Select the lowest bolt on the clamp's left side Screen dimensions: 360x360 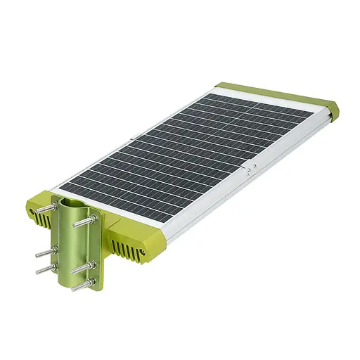click(x=44, y=267)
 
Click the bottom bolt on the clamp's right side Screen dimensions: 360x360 click(x=84, y=285)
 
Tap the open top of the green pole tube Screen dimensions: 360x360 click(x=70, y=203)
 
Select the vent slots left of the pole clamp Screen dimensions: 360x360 click(x=42, y=219)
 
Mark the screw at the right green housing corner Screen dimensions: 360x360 click(x=145, y=250)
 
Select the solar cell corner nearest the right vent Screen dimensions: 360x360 click(x=166, y=220)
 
